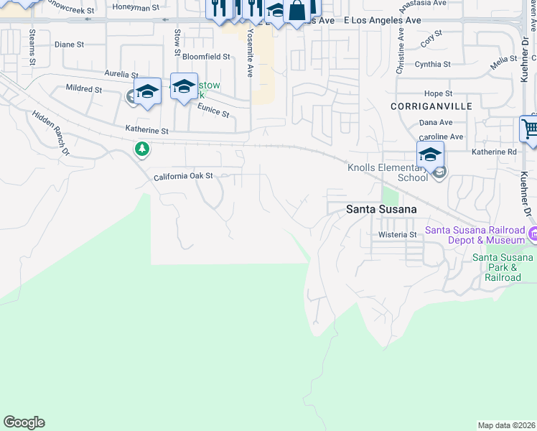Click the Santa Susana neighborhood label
(x=377, y=209)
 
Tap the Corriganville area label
(x=421, y=106)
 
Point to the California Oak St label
(x=184, y=176)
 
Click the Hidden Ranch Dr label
(x=50, y=134)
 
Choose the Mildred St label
(x=83, y=89)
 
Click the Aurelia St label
(x=121, y=74)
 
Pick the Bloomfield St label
(x=206, y=56)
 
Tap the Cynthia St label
(x=432, y=64)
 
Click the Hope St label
(x=438, y=93)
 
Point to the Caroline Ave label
(x=441, y=136)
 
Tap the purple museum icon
(x=533, y=234)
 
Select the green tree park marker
(x=142, y=149)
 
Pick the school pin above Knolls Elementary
(x=430, y=155)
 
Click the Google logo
(x=24, y=422)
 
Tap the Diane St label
(x=70, y=45)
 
